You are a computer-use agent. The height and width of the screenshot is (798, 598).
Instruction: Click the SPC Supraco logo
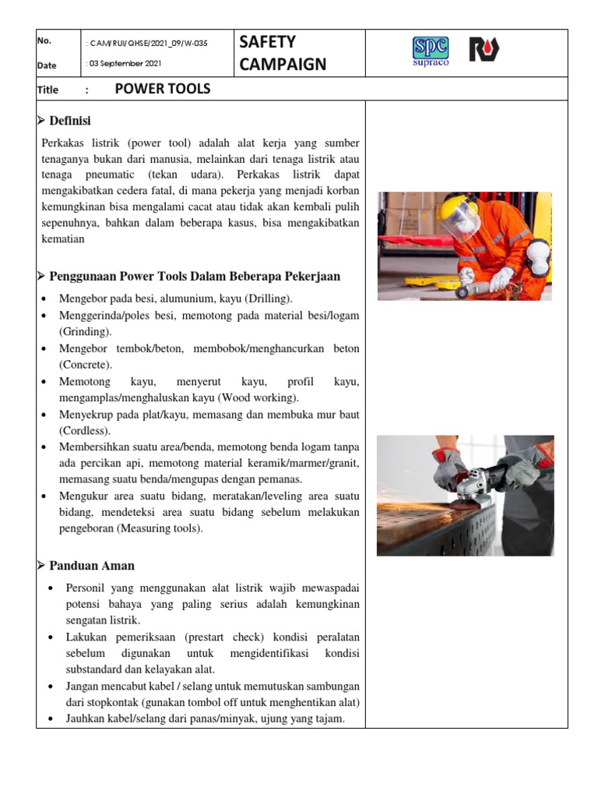pyautogui.click(x=430, y=51)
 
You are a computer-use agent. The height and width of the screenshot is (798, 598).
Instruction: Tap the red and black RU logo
pyautogui.click(x=484, y=50)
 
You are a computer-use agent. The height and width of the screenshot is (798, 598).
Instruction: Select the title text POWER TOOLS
pyautogui.click(x=162, y=89)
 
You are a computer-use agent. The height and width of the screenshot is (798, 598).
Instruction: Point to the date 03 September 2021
pyautogui.click(x=125, y=64)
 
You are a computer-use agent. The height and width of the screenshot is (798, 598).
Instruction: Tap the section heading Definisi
pyautogui.click(x=70, y=121)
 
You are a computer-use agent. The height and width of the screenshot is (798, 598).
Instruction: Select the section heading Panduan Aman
pyautogui.click(x=92, y=566)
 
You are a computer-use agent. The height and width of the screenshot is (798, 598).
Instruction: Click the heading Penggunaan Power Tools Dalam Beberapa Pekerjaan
pyautogui.click(x=194, y=277)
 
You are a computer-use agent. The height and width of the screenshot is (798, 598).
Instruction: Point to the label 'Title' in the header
pyautogui.click(x=47, y=90)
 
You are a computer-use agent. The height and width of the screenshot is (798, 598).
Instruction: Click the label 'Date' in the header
pyautogui.click(x=46, y=65)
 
